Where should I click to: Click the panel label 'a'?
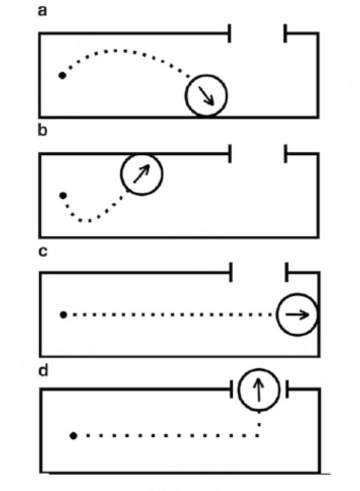43,11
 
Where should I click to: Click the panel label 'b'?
43,130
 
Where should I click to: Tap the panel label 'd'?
44,371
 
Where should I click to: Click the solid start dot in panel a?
62,76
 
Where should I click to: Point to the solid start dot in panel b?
63,195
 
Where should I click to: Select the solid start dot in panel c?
63,315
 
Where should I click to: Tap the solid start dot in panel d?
74,436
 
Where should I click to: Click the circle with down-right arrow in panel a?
206,95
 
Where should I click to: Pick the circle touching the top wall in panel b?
141,174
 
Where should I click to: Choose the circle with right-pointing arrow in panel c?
297,314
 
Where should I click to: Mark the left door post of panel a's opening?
230,33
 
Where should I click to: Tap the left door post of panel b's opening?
230,154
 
